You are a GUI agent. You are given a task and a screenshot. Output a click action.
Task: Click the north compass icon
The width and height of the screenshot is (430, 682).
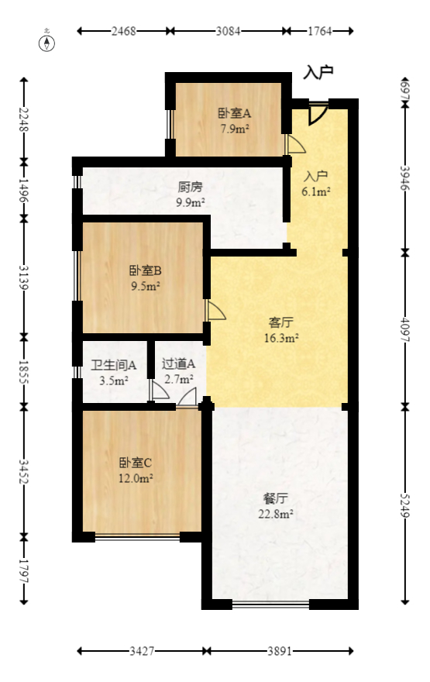pyautogui.click(x=47, y=43)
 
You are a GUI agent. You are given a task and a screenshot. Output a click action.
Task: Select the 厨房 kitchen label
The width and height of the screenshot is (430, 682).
pyautogui.click(x=191, y=188)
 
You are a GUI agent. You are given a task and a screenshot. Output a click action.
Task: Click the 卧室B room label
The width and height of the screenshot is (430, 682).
pyautogui.click(x=145, y=271)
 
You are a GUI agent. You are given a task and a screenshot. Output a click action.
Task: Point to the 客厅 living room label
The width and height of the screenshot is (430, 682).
pyautogui.click(x=280, y=322)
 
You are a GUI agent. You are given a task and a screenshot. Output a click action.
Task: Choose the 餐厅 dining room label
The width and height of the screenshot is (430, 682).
pyautogui.click(x=276, y=498)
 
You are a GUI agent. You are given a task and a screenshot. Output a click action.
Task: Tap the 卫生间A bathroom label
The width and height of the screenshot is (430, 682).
pyautogui.click(x=114, y=365)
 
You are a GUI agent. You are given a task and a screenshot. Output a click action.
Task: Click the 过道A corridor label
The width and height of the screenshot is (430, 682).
pyautogui.click(x=178, y=363)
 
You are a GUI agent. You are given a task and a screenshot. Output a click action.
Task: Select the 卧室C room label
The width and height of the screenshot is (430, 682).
pyautogui.click(x=135, y=463)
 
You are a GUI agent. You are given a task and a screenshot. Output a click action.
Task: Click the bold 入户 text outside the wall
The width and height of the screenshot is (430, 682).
pyautogui.click(x=318, y=73)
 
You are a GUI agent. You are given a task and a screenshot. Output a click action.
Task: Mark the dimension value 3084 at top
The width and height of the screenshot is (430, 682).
pyautogui.click(x=228, y=32)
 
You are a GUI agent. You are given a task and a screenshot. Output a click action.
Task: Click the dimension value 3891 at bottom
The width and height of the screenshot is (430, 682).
pyautogui.click(x=280, y=652)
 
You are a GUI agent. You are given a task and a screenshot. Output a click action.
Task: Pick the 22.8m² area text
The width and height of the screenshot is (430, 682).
pyautogui.click(x=276, y=513)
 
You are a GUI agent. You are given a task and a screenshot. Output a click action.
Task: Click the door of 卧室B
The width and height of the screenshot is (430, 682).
pyautogui.click(x=215, y=311)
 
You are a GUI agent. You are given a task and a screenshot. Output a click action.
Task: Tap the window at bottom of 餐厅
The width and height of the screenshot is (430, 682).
pyautogui.click(x=270, y=604)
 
